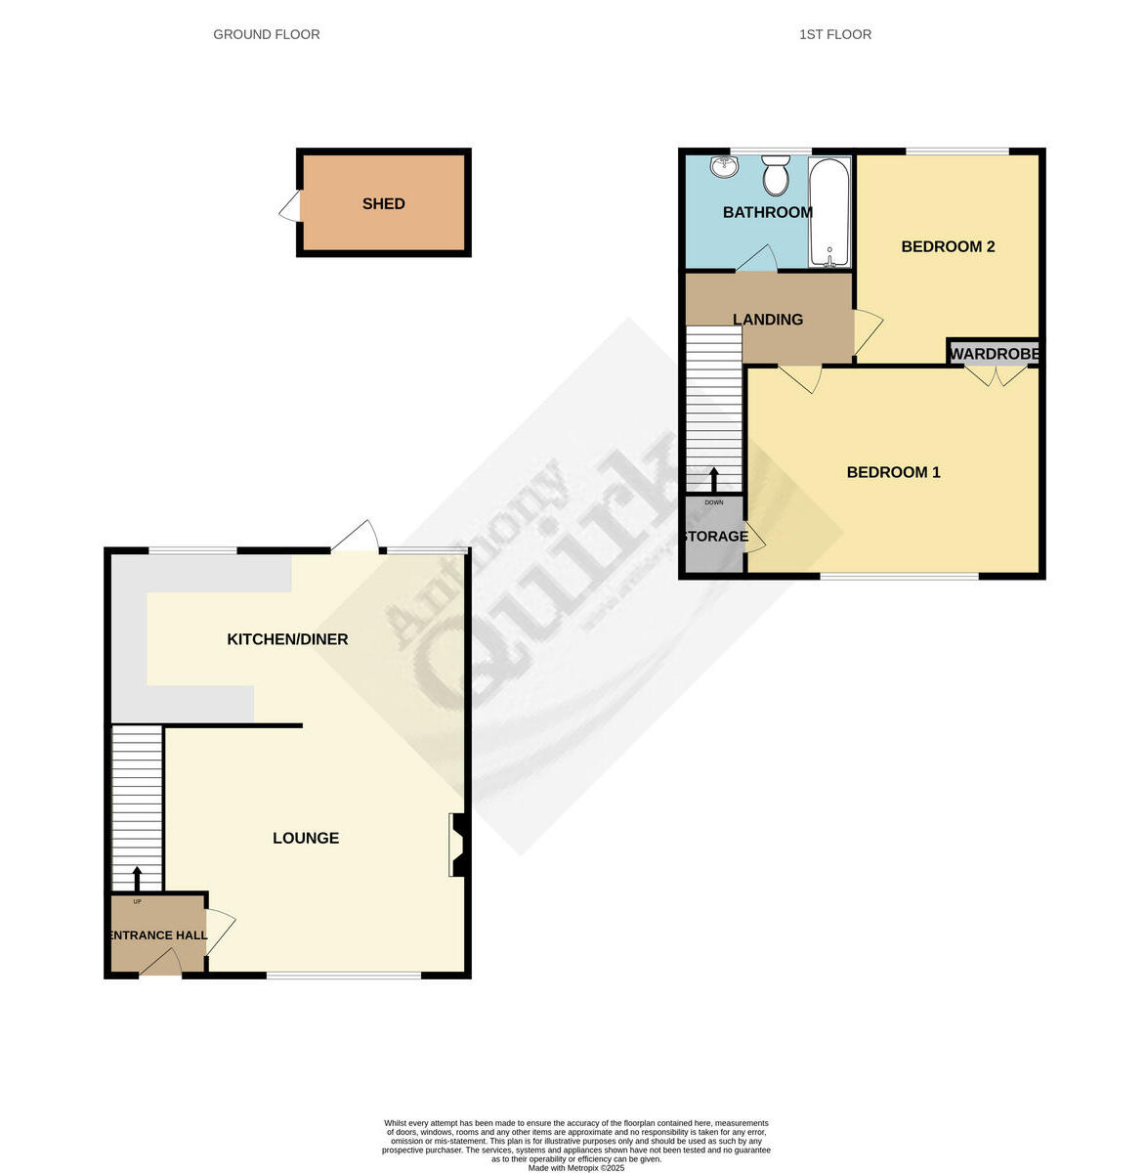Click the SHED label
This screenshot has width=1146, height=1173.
(383, 204)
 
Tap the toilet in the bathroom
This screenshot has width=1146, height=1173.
(777, 176)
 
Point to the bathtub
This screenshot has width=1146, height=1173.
(830, 211)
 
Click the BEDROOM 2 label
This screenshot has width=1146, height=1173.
(948, 246)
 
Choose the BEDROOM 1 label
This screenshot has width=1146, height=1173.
(893, 472)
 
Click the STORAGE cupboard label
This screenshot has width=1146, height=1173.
(714, 537)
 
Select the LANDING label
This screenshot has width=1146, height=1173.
(768, 320)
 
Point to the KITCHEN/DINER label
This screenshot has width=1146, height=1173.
(287, 639)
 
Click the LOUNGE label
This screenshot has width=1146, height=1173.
(306, 838)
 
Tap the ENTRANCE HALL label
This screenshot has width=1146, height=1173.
(156, 935)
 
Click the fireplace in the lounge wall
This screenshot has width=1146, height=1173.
(456, 845)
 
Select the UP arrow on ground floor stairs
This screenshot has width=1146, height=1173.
(137, 877)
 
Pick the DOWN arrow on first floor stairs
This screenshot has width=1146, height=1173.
(714, 479)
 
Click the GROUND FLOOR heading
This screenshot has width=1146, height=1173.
(266, 34)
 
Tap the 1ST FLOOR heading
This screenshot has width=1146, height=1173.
(834, 34)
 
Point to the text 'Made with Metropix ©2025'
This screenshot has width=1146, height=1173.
(575, 1167)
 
